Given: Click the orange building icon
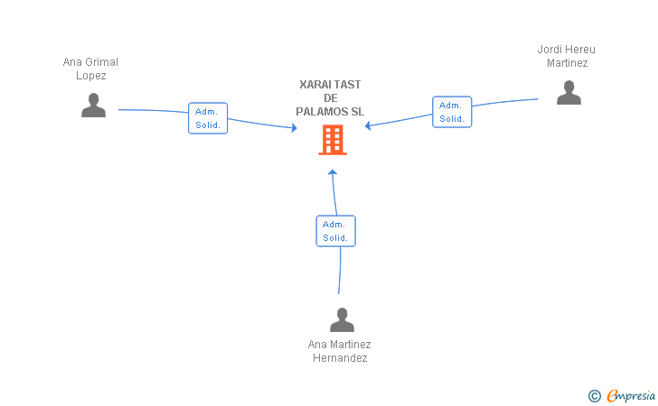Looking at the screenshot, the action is (333, 140).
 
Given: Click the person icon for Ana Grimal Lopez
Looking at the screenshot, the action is (93, 106).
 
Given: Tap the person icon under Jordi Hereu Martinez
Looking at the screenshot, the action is (569, 93).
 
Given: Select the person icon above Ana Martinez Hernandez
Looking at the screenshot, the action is (342, 320).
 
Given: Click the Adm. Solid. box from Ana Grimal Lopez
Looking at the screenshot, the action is (208, 118).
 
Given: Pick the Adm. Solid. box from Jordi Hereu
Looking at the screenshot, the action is (452, 112).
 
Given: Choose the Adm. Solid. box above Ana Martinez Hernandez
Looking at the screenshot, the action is (335, 231).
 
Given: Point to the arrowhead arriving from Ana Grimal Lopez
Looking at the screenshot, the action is (295, 128).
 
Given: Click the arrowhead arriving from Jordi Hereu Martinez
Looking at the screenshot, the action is (368, 125).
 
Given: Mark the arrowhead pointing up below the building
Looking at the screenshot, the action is (333, 171).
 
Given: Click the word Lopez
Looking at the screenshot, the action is (90, 76).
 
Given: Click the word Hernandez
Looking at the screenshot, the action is (340, 358).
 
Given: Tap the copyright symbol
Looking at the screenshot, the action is (595, 396).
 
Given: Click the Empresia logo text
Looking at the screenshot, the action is (631, 395).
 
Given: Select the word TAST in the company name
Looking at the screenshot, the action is (347, 85).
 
